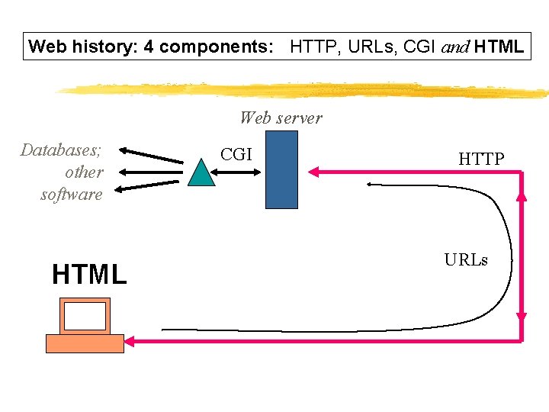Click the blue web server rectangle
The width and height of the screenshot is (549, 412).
[281, 169]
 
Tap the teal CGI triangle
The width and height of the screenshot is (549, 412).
[202, 173]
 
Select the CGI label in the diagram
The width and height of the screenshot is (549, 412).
[236, 154]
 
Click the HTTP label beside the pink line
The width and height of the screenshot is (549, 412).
[481, 159]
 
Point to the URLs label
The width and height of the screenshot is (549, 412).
[465, 259]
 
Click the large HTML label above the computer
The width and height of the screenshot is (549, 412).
[89, 274]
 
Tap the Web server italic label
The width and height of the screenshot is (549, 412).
[281, 117]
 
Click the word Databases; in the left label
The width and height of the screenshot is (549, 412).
[62, 150]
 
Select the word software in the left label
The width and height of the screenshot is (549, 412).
[71, 194]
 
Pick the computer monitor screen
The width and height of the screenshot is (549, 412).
[85, 316]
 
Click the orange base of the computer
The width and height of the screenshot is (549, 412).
[85, 343]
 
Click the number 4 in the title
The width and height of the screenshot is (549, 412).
[149, 47]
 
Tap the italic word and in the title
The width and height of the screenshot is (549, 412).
[455, 47]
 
